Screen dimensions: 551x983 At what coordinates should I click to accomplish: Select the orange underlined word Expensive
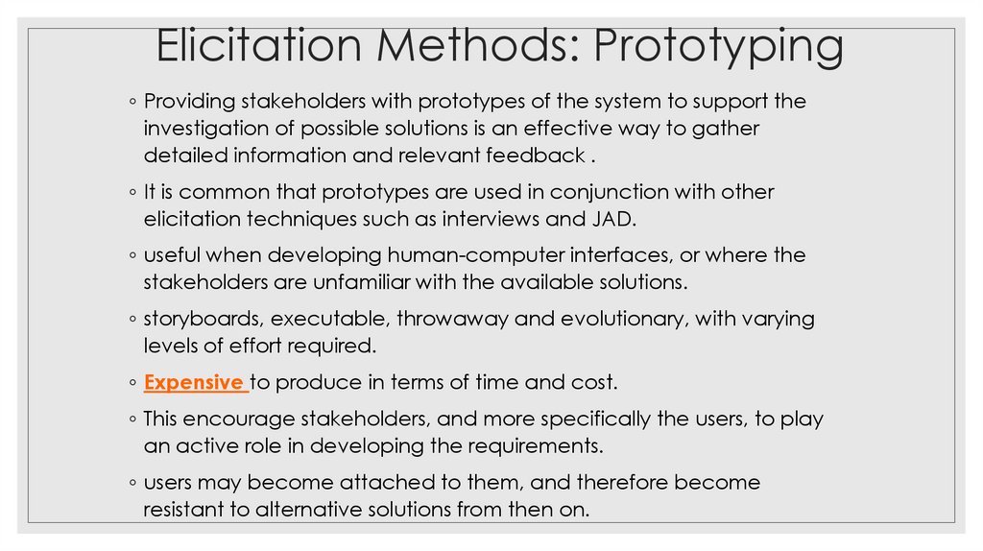click(x=193, y=382)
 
